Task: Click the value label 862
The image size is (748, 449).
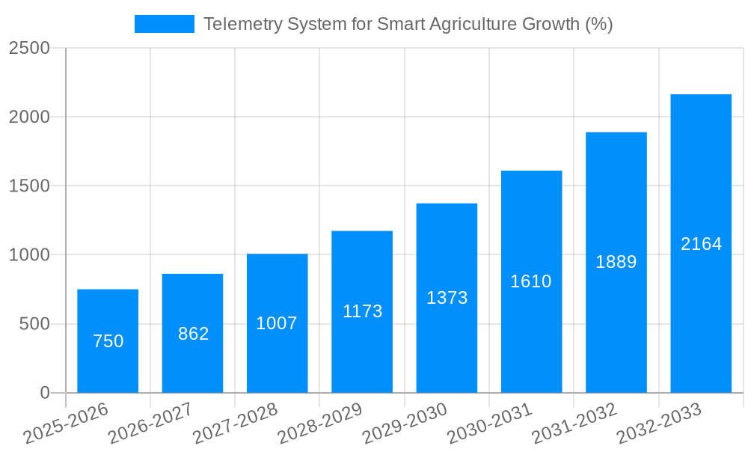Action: (193, 334)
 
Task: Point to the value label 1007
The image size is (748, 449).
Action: (277, 323)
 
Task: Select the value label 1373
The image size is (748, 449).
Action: (447, 298)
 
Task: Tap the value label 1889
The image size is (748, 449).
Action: (616, 262)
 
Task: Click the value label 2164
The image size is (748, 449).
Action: (701, 244)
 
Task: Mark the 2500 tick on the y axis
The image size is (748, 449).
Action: (29, 48)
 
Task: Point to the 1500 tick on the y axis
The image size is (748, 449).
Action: (29, 186)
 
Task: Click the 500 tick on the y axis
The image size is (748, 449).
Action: (34, 324)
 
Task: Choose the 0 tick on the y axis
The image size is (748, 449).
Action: (44, 393)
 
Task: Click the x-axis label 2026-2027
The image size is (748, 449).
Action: (150, 424)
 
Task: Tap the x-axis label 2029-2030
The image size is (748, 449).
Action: (405, 424)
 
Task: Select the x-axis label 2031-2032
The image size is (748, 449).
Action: (574, 424)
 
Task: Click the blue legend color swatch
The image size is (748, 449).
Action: (164, 24)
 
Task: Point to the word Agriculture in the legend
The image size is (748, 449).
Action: (475, 24)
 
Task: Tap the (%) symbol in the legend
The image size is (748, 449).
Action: (598, 24)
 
